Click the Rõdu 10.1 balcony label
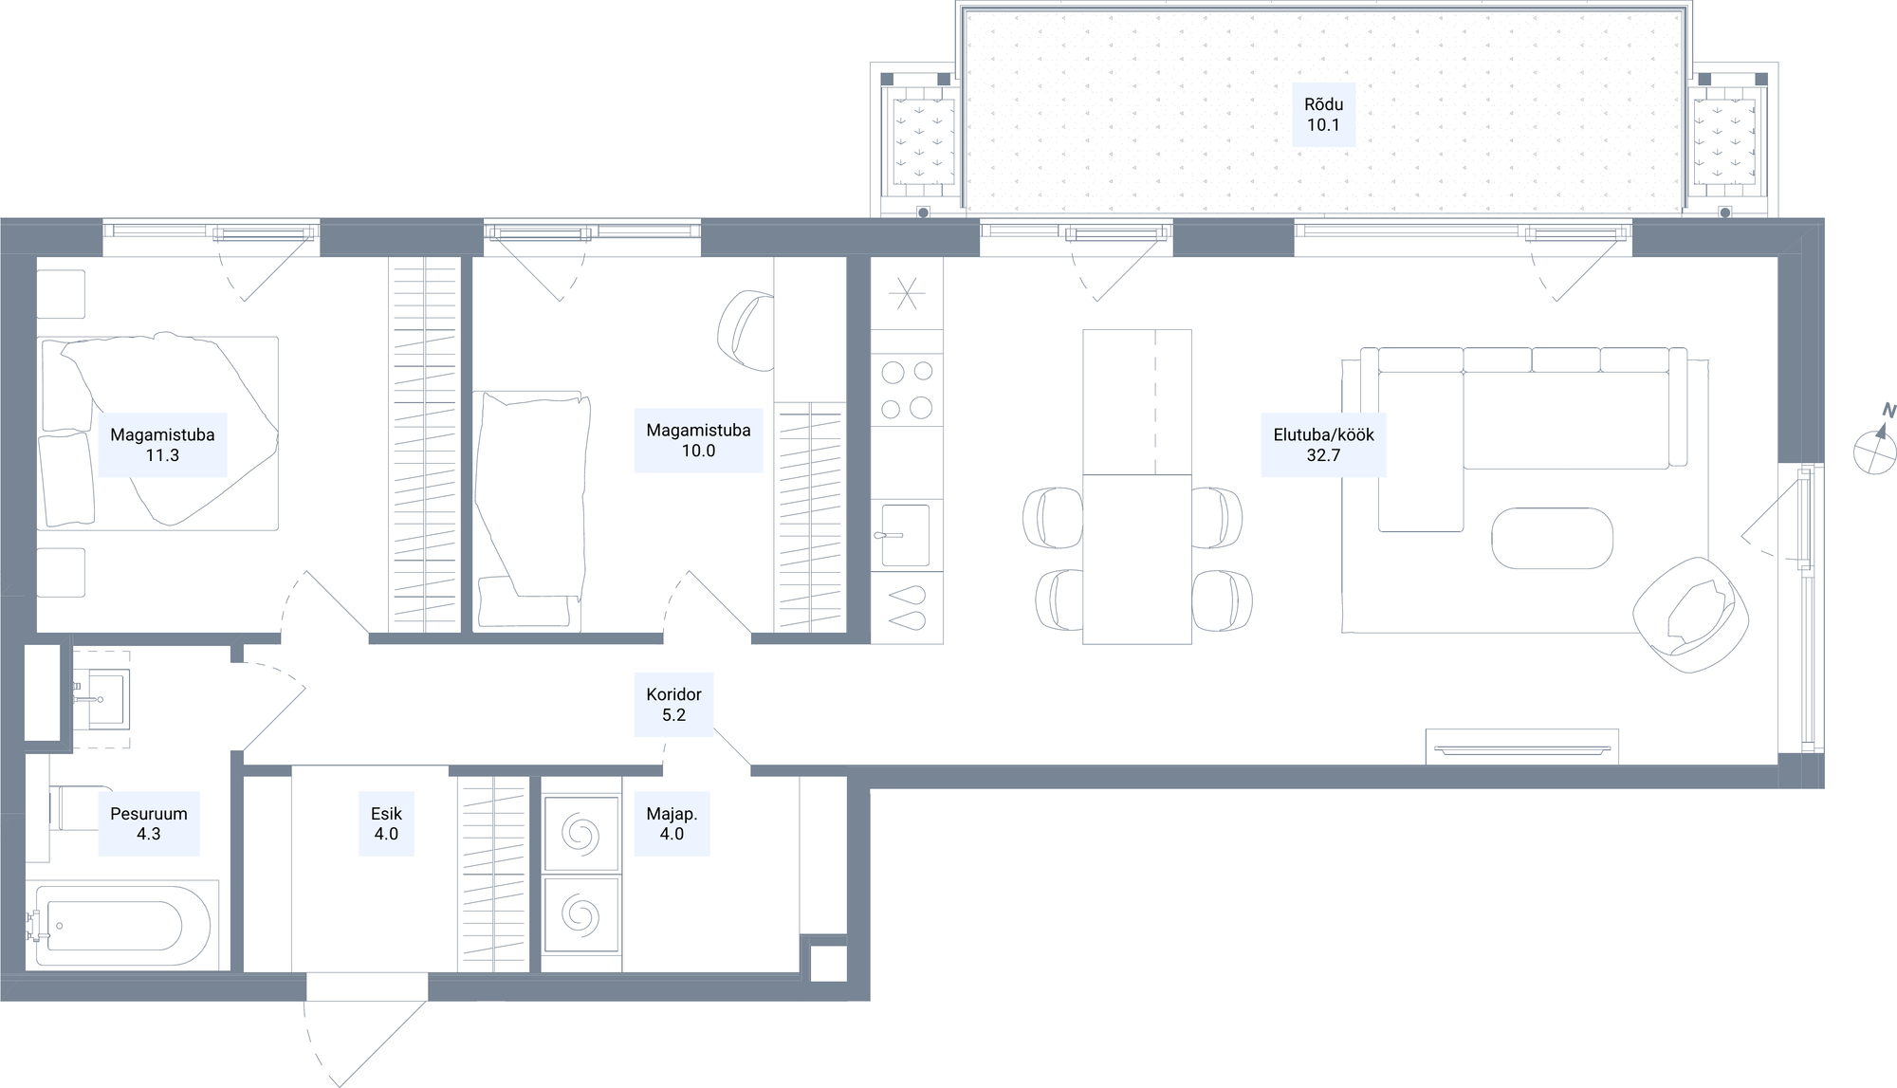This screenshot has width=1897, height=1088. click(x=1323, y=115)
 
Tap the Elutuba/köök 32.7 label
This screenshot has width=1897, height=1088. click(x=1323, y=445)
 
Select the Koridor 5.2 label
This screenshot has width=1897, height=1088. click(x=673, y=705)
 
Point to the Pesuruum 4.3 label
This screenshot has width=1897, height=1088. click(x=149, y=823)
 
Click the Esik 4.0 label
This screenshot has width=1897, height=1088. click(x=386, y=823)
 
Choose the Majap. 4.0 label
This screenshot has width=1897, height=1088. click(x=672, y=823)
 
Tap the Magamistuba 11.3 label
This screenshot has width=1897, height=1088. click(x=162, y=445)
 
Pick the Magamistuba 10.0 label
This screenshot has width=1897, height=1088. click(x=698, y=440)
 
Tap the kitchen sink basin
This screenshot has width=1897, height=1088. click(x=906, y=535)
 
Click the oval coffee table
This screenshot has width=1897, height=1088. click(x=1552, y=538)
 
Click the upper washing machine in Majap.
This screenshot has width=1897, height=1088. click(x=581, y=835)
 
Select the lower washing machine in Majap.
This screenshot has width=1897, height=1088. click(x=581, y=915)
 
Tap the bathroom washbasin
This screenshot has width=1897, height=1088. click(x=107, y=698)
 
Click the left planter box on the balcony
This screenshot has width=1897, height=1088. click(x=921, y=141)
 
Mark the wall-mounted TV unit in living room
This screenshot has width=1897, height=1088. click(x=1522, y=747)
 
